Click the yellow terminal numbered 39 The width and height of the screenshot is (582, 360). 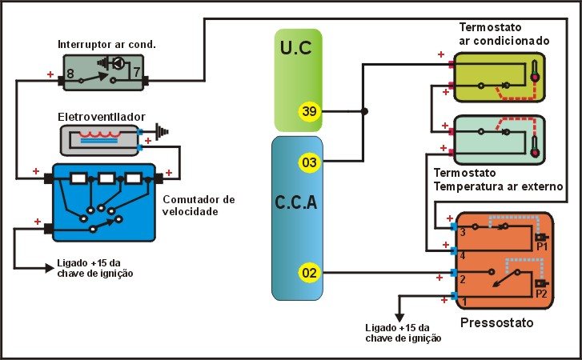coord(309,111)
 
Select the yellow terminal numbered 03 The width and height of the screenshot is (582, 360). coord(309,163)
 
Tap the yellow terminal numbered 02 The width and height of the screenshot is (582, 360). coord(309,273)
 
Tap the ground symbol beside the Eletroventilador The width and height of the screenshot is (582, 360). coord(163,128)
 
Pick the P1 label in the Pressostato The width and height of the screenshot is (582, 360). coord(541,247)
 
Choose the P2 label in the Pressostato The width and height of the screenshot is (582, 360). coord(541,293)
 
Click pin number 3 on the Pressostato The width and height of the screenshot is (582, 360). coord(462,232)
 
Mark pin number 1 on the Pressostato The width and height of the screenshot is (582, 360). coord(462,301)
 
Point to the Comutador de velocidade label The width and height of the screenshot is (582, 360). coord(198,206)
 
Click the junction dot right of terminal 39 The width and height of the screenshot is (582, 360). coord(364,111)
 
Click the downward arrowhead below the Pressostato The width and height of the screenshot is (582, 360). coord(399,317)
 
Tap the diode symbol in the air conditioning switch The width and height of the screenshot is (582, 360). coord(117,62)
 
